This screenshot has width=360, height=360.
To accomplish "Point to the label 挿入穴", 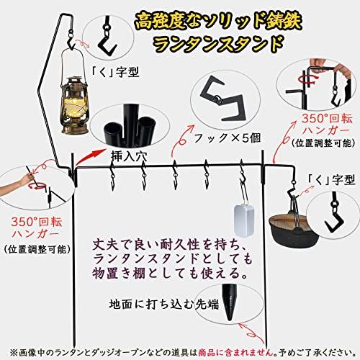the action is coord(129,157).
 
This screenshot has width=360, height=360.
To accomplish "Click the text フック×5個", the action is coord(227,138).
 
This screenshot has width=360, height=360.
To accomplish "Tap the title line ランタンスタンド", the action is coord(218,44).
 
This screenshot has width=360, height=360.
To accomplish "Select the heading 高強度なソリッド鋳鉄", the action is coord(218,22).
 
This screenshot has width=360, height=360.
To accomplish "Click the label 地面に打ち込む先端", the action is coord(164,305).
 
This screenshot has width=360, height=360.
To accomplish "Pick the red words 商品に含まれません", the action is coord(236,352).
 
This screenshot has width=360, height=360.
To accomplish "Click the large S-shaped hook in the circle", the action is coord(223,99).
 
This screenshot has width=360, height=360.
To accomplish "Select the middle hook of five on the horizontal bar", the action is coord(176,174).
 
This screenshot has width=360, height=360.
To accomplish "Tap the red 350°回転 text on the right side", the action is coord(327,119).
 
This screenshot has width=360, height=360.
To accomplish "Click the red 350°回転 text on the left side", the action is coord(37,222).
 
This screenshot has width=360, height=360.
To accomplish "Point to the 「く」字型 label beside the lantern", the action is coord(115,71).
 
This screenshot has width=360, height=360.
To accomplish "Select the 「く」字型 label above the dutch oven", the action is coord(331,179).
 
